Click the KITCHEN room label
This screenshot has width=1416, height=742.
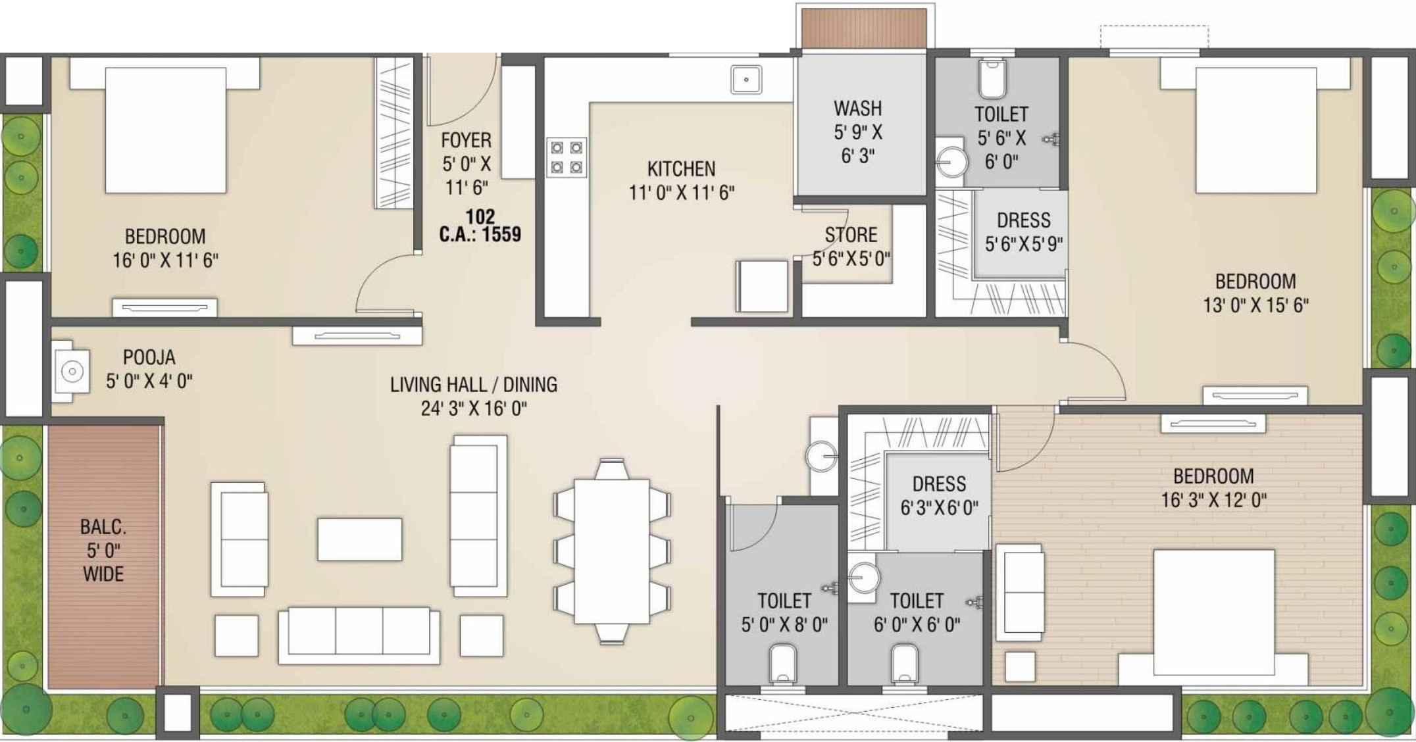pyautogui.click(x=681, y=169)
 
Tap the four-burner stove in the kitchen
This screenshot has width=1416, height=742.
pyautogui.click(x=567, y=157)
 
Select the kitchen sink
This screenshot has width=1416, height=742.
pyautogui.click(x=746, y=80)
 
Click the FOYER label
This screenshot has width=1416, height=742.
pyautogui.click(x=466, y=140)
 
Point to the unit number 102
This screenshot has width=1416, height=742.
pyautogui.click(x=480, y=216)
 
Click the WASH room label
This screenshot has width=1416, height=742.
pyautogui.click(x=858, y=108)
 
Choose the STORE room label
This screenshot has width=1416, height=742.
pyautogui.click(x=851, y=235)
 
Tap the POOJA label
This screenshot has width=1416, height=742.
pyautogui.click(x=149, y=357)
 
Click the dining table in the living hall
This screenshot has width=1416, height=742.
pyautogui.click(x=612, y=551)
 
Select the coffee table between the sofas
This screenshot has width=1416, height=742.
pyautogui.click(x=360, y=539)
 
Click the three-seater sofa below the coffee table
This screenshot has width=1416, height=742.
pyautogui.click(x=359, y=635)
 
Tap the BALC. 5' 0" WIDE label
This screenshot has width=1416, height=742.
pyautogui.click(x=103, y=550)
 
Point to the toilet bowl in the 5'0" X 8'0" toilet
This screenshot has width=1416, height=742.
pyautogui.click(x=783, y=664)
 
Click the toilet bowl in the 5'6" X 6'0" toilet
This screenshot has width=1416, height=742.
pyautogui.click(x=992, y=79)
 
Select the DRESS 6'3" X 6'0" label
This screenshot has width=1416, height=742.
pyautogui.click(x=939, y=496)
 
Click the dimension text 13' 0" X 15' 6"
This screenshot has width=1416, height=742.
pyautogui.click(x=1255, y=305)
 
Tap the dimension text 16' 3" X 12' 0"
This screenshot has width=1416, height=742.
pyautogui.click(x=1213, y=500)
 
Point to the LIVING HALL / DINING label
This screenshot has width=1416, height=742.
pyautogui.click(x=474, y=384)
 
